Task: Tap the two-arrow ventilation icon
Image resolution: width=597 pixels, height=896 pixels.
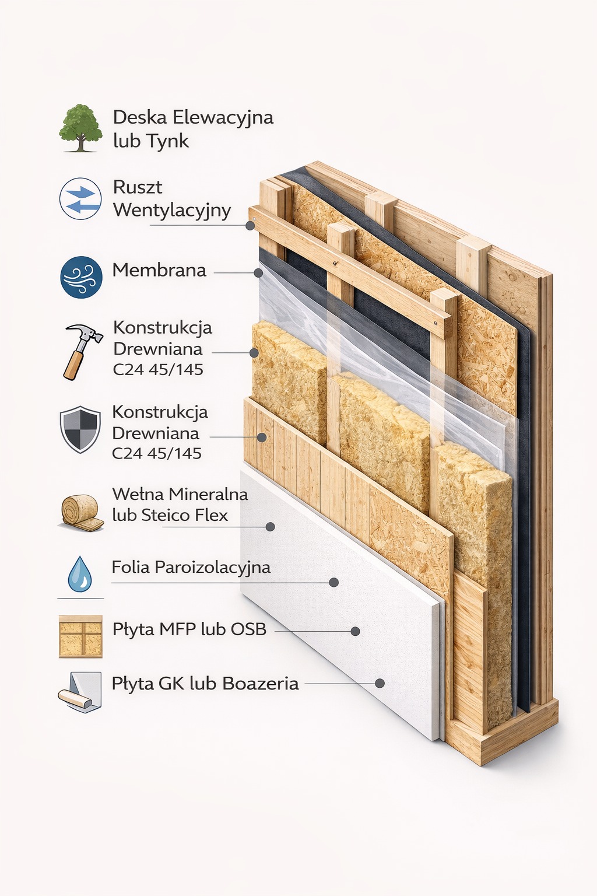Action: [x=80, y=198]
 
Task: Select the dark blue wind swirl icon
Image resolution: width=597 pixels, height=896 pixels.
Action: [x=81, y=277]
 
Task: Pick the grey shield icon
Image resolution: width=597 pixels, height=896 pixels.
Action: [x=80, y=429]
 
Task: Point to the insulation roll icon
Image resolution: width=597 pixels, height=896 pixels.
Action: [x=82, y=513]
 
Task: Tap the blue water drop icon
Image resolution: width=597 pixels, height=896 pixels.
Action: [x=80, y=573]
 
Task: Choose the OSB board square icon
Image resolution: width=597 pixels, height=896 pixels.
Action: [x=81, y=636]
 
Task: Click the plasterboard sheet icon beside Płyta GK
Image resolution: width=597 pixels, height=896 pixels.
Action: [x=79, y=692]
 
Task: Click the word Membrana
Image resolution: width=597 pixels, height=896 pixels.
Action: [x=159, y=271]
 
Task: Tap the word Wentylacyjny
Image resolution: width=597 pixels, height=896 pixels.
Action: [x=173, y=211]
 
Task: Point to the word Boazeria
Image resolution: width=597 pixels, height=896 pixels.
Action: [x=261, y=684]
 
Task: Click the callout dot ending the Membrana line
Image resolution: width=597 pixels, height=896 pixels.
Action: [x=258, y=273]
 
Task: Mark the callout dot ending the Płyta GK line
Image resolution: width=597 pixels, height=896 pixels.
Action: [x=380, y=683]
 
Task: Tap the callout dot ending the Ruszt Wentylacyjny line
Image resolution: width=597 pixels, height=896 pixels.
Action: [x=250, y=226]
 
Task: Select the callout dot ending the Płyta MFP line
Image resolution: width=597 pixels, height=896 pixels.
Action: [x=354, y=631]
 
